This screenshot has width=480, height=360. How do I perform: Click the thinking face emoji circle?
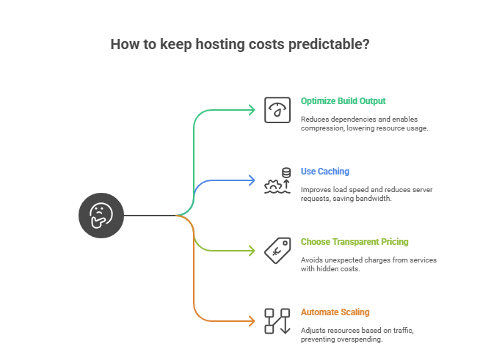coord(101,216)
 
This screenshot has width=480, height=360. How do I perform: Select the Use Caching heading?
coord(324,172)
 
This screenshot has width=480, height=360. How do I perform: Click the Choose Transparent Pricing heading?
coord(354,242)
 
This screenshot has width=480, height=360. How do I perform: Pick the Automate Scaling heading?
coord(335,312)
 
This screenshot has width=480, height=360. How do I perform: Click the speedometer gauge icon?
coord(277,110)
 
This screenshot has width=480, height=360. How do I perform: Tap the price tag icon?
coord(277,250)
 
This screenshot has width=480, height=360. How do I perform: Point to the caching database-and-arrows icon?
coord(277,180)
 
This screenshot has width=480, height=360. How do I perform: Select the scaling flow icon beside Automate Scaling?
coord(277,320)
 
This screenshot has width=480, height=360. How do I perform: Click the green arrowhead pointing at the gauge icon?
coord(252,110)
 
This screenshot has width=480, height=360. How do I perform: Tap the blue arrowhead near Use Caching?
coord(252,180)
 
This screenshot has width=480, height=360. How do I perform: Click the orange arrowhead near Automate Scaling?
coord(252,321)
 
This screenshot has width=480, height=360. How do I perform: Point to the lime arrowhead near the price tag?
coord(252,251)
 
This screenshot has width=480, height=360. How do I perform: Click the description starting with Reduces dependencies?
coord(364,123)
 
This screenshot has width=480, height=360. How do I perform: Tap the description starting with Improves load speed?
coord(366,194)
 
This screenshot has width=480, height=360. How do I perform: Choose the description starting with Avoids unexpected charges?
coord(369,264)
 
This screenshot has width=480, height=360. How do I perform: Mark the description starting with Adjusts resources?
coord(357,334)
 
